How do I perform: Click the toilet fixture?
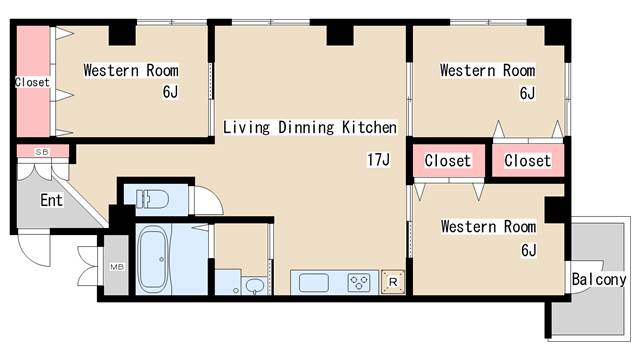coord(152,199)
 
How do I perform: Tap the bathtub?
coord(153,259)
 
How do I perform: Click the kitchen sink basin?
coord(313,283)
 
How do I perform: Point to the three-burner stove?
coord(359,282)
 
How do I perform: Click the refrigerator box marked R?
coord(393,282)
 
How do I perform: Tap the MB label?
coord(117,267)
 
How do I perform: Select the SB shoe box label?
coord(42,152)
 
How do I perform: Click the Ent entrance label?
coord(51,200)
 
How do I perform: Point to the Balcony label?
coord(599,280)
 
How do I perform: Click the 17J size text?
coord(378,159)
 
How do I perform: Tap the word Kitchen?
coord(369,127)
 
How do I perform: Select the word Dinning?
coord(306,127)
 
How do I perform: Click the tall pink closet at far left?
coord(33,82)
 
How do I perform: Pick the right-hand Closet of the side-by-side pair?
coord(528,160)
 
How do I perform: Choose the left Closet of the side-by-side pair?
coord(449,160)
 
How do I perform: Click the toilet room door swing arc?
coord(215,195)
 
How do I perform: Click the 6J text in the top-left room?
coord(170,92)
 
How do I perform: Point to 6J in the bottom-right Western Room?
coord(529,250)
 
